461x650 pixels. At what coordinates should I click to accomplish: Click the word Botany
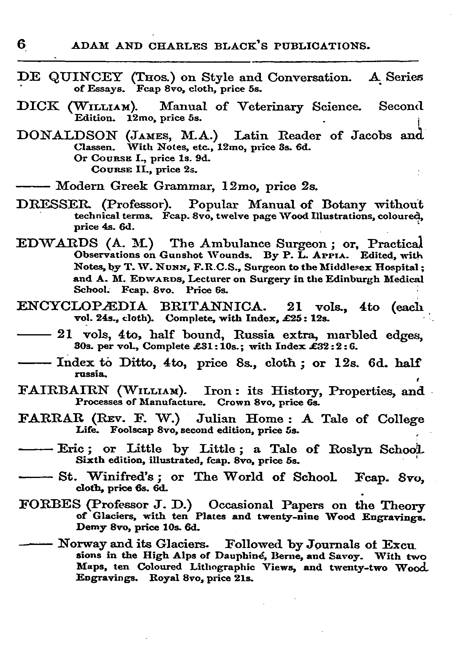[x=344, y=205]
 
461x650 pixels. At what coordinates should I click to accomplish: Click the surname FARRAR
[x=52, y=419]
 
